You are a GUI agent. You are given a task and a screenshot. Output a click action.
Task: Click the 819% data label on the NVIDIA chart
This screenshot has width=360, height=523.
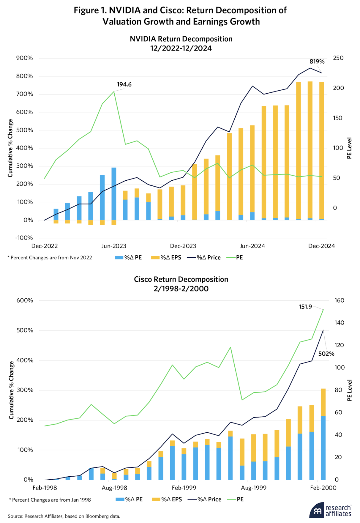click(x=317, y=62)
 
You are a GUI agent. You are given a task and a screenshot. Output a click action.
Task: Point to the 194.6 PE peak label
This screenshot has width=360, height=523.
click(x=124, y=84)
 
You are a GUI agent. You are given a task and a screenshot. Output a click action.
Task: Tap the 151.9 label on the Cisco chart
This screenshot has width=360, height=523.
click(x=305, y=307)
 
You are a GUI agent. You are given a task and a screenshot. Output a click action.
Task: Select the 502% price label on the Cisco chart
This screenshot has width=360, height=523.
click(x=326, y=354)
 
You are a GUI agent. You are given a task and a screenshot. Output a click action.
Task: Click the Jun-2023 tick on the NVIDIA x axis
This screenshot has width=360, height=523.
click(x=114, y=246)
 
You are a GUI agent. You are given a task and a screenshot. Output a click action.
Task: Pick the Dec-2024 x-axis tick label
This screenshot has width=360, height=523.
click(x=321, y=246)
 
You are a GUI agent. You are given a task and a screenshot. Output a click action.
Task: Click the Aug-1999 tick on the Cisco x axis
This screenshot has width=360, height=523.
click(x=254, y=488)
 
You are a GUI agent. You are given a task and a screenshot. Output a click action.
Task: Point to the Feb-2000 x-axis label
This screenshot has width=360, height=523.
click(x=323, y=488)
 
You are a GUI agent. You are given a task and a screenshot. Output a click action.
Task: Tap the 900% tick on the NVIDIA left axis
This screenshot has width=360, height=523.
click(x=25, y=58)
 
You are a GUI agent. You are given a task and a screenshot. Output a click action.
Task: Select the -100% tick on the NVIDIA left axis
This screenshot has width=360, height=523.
click(x=24, y=238)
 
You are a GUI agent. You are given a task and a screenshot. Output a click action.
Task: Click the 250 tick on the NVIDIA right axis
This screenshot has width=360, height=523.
click(x=338, y=58)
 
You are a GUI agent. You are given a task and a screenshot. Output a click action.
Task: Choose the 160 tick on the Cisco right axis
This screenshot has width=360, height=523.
click(x=339, y=300)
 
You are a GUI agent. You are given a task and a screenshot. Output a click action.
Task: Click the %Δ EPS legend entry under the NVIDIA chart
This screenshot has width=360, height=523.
click(x=166, y=258)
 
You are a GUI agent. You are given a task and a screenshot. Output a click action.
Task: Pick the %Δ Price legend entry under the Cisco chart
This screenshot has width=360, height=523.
click(x=205, y=499)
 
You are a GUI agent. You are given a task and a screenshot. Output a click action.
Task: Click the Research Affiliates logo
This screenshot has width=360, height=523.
click(x=331, y=511)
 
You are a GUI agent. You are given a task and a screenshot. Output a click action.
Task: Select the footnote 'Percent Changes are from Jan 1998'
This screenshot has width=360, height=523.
click(x=50, y=500)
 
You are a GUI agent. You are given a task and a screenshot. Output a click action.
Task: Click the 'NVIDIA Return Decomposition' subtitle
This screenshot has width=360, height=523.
click(x=181, y=39)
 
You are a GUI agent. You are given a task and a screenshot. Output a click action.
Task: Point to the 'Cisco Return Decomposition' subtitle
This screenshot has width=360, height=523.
click(x=181, y=279)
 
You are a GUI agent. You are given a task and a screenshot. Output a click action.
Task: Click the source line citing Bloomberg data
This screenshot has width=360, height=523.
click(x=64, y=516)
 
